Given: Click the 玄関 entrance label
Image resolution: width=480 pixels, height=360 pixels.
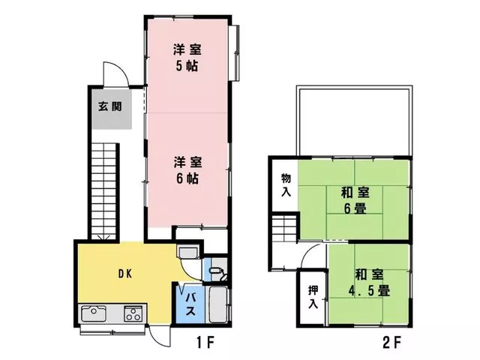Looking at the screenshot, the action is point(110,106).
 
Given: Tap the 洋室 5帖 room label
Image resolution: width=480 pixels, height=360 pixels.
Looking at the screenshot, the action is point(187,58).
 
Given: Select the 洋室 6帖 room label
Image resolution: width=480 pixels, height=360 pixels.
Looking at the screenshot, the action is point(187,170).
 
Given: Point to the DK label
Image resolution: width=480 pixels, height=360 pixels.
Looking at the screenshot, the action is point(125,274).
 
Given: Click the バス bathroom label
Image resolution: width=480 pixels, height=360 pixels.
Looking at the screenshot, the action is point(190,304).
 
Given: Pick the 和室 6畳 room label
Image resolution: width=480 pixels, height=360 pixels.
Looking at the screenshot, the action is point(355,200).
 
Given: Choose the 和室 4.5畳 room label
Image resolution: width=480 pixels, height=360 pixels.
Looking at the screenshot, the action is point(369,283).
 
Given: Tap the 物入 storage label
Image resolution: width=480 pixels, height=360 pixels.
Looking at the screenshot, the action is point(286,185).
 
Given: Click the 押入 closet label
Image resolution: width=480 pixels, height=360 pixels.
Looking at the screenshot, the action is point(313,297).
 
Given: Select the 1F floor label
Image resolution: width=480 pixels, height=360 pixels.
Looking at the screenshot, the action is point(205,342).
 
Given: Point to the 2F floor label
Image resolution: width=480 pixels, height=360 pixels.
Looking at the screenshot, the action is point(391,342).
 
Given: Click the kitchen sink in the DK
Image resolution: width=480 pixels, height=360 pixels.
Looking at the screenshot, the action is point(94,313).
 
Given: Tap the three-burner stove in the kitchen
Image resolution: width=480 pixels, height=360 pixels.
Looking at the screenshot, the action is point(133,313).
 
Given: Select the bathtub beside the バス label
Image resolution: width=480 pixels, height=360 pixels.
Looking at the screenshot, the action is point(217,304).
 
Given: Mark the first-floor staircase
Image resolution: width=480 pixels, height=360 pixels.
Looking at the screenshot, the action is point(105,192).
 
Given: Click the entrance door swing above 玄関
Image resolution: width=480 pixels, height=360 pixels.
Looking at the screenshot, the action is point(116,73).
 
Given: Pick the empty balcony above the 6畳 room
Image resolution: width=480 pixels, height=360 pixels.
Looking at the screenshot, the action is point(355,121).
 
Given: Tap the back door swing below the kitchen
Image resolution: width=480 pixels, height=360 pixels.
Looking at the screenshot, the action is point(160,336).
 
